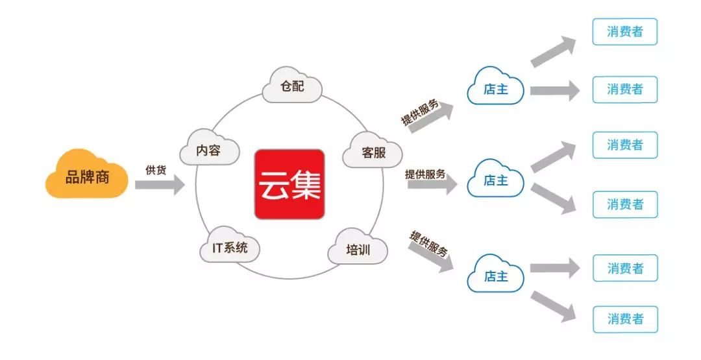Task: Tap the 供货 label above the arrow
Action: (x=156, y=170)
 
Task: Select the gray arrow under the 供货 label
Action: (x=160, y=185)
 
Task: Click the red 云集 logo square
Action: (x=289, y=184)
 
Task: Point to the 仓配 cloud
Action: (x=292, y=85)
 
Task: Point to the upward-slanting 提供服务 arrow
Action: (x=431, y=118)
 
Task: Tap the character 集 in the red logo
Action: (x=305, y=185)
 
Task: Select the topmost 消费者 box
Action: (x=625, y=32)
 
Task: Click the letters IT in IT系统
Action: (x=217, y=247)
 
